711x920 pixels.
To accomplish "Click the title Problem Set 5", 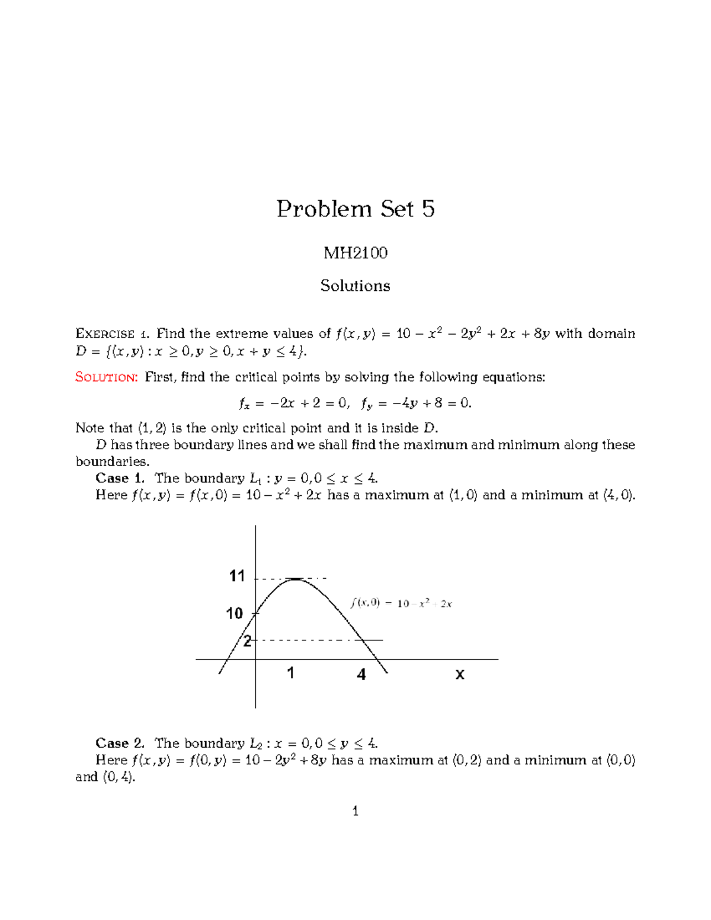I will [355, 209].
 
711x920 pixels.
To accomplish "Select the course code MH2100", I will [355, 253].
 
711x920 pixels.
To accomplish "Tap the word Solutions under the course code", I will [355, 286].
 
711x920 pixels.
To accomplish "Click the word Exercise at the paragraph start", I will [105, 334].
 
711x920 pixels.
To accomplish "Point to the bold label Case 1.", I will [120, 478].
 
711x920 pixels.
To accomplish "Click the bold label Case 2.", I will [120, 743].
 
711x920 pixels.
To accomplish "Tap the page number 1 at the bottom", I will [355, 811].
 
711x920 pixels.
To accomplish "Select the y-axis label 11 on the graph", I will [237, 576].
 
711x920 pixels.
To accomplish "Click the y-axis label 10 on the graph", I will [235, 613].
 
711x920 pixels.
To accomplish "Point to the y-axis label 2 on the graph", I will [247, 641].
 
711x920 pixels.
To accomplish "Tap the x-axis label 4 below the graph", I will [361, 674].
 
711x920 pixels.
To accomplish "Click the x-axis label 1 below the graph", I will [290, 673].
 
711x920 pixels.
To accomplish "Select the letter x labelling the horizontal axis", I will [460, 674].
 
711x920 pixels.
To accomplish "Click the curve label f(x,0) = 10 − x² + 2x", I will [401, 604].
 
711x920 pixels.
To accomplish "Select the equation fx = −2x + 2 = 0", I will [294, 403].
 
